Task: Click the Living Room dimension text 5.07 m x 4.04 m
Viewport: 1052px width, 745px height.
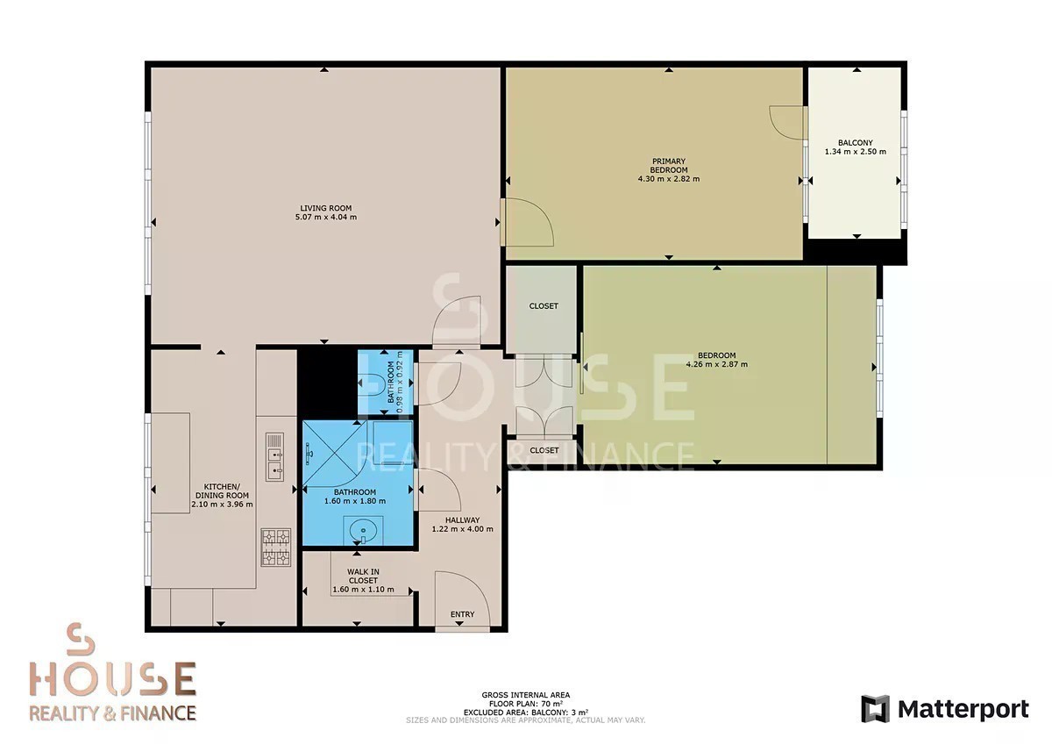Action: tap(325, 217)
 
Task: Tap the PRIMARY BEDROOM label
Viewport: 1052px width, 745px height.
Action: tap(669, 166)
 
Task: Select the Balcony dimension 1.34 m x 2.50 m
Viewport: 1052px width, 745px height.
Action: tap(856, 152)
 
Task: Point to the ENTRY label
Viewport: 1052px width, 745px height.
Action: tap(462, 614)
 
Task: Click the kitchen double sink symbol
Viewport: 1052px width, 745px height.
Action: tap(274, 457)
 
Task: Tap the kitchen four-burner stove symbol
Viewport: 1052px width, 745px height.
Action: tap(275, 547)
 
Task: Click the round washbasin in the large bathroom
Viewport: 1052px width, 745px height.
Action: tap(363, 530)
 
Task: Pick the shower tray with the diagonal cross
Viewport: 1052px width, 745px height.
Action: tap(333, 453)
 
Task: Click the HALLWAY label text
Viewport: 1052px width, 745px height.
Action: tap(462, 519)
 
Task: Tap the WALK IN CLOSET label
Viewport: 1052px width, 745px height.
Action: tap(363, 577)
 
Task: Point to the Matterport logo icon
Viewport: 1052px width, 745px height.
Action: tap(875, 709)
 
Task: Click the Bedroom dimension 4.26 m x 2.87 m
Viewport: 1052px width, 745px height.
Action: tap(717, 364)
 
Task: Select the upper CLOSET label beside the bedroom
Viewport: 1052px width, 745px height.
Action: tap(544, 306)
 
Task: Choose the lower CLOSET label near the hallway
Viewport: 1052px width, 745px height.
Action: tap(544, 450)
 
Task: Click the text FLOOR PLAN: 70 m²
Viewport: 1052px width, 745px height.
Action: tap(525, 704)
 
